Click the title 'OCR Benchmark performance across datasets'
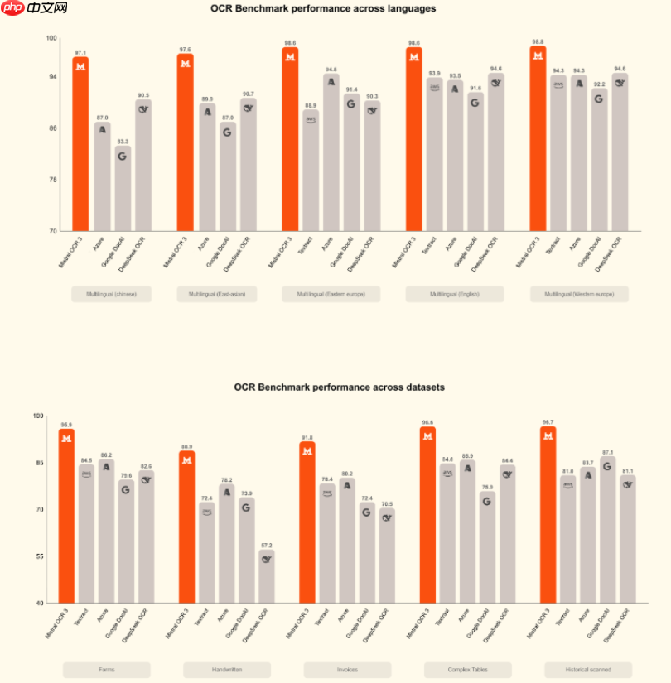click(x=339, y=387)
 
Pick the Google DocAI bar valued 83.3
click(x=122, y=189)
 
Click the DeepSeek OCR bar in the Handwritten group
click(x=267, y=576)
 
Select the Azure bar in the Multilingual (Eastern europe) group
click(x=331, y=152)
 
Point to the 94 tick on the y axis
click(x=51, y=77)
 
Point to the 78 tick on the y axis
click(x=51, y=180)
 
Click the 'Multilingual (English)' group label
click(x=454, y=294)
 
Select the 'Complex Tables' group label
click(x=468, y=670)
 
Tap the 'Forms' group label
click(x=106, y=670)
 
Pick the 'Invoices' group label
click(x=347, y=670)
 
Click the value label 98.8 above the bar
click(x=538, y=41)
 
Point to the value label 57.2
click(x=267, y=546)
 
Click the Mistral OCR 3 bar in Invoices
click(x=307, y=522)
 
